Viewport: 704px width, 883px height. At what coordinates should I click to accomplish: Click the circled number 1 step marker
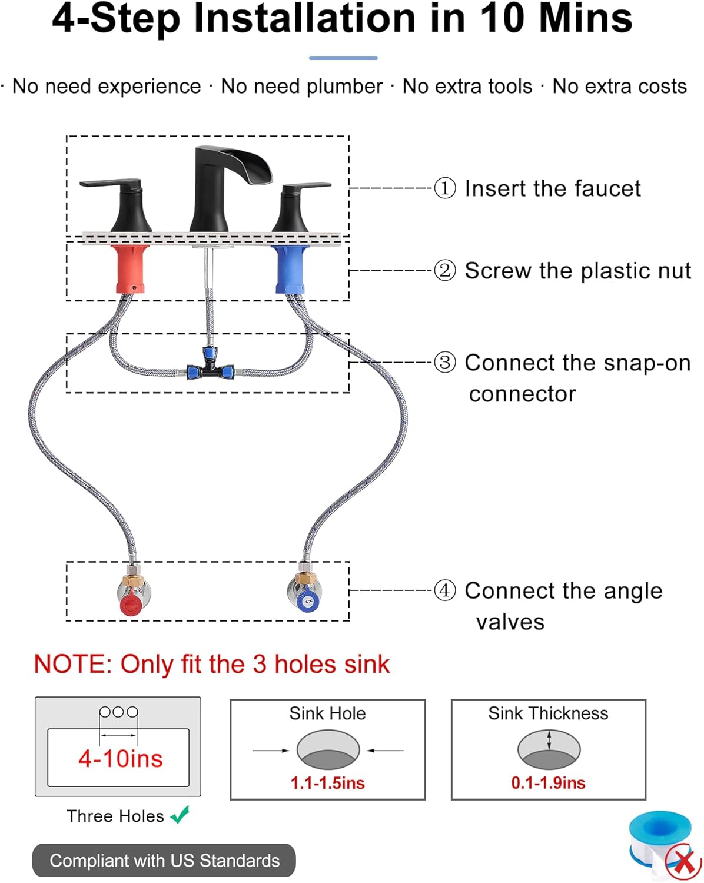445,188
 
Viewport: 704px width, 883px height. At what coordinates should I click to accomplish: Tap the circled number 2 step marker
445,271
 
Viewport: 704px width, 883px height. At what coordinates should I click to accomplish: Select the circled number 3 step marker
445,362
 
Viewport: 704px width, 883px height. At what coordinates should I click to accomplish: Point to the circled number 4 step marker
445,590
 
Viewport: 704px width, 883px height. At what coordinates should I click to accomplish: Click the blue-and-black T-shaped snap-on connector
210,369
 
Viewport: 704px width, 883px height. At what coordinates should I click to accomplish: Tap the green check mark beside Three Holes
180,815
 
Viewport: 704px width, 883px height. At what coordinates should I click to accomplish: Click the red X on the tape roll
683,862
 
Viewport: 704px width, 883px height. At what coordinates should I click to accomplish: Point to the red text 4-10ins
121,759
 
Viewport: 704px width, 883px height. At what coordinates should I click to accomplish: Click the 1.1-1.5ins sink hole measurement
328,783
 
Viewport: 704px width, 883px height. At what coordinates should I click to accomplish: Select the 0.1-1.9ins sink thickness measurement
548,783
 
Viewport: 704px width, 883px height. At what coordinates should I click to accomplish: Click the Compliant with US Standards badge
164,861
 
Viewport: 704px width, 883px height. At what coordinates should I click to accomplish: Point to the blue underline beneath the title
343,58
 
